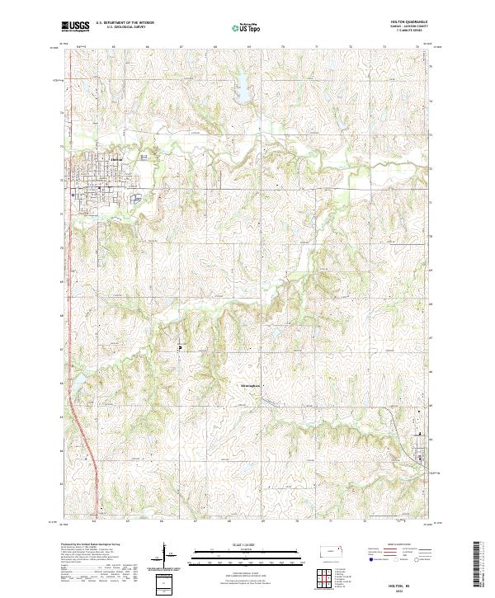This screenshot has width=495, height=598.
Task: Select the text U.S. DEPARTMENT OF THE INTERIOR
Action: [x=125, y=23]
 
